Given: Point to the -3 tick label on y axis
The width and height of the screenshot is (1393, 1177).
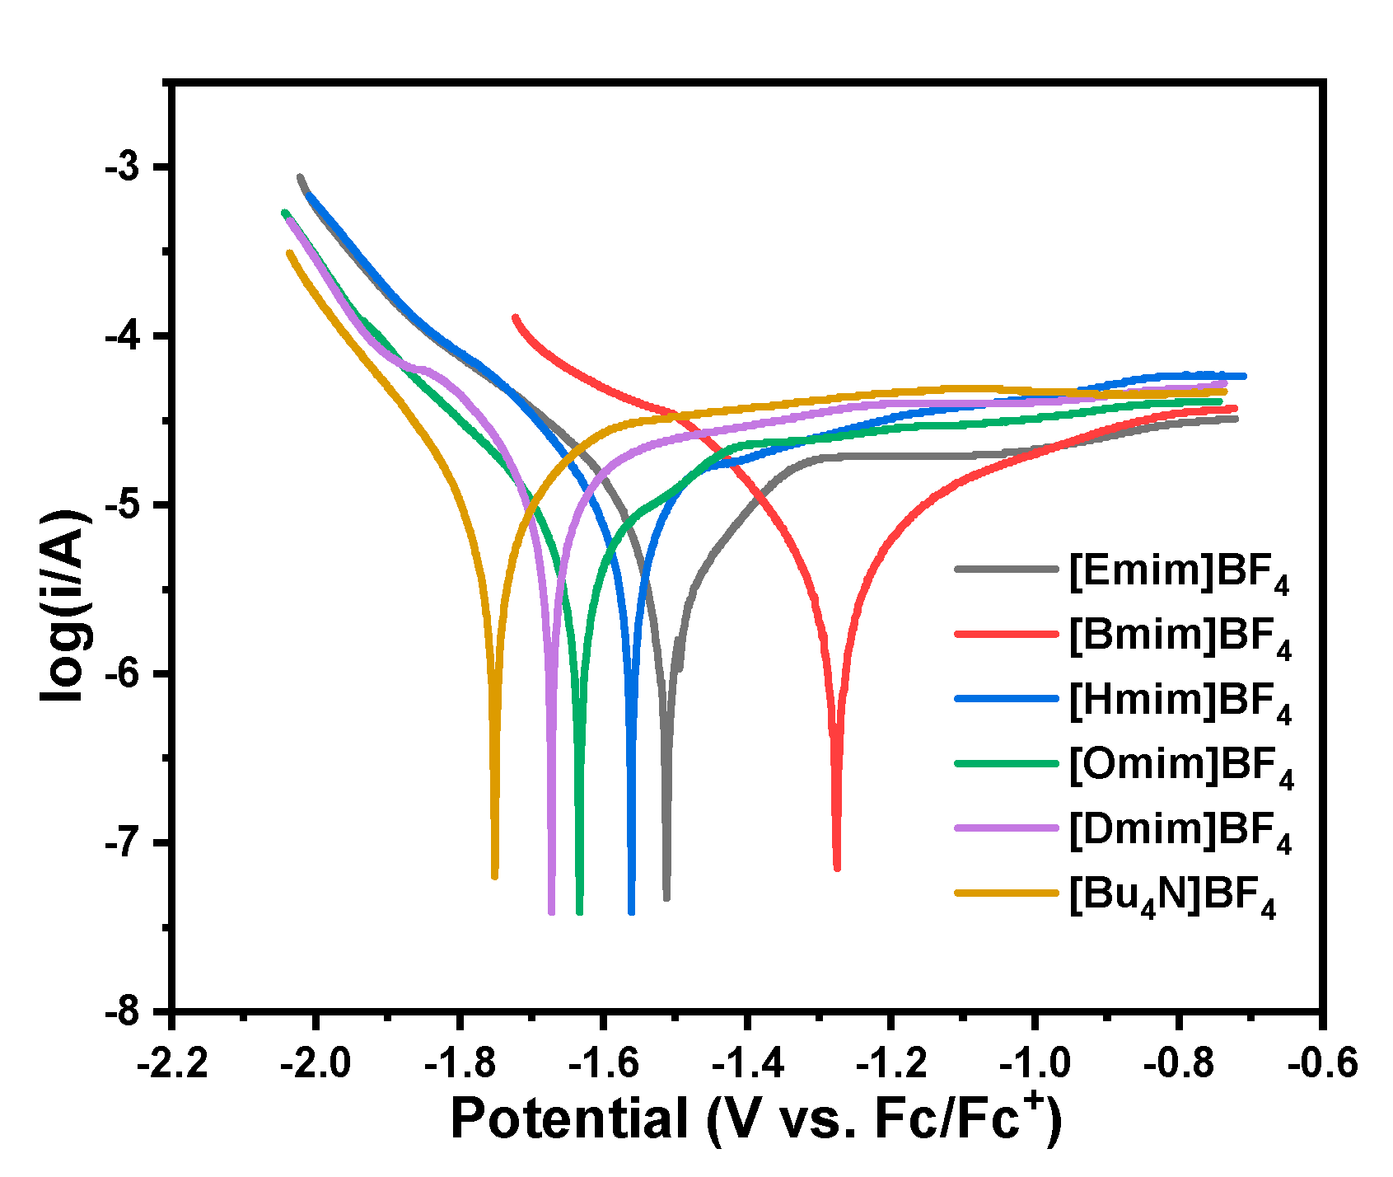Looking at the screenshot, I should click(123, 167).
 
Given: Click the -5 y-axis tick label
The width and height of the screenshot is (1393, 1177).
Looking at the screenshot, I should click(123, 505).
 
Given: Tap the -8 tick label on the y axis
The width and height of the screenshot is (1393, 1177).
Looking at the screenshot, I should click(123, 1012).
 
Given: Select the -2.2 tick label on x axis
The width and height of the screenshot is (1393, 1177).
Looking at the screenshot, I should click(172, 1064).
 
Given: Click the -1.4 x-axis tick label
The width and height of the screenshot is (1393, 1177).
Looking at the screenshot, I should click(747, 1064).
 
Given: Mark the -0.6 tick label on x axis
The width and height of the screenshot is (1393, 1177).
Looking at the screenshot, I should click(1322, 1064).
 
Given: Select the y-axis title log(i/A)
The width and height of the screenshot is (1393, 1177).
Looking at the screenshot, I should click(64, 606).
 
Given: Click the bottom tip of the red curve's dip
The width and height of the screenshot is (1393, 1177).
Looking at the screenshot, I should click(837, 867).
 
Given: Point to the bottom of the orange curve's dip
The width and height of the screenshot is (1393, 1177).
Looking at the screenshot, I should click(494, 876).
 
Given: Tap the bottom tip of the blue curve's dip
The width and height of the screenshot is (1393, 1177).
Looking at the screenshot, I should click(632, 911).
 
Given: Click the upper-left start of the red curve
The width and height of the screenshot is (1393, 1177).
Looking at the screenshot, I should click(516, 317).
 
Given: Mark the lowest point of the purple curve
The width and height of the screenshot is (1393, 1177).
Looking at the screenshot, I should click(551, 912).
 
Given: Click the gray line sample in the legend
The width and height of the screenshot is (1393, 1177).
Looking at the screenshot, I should click(1006, 569).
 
